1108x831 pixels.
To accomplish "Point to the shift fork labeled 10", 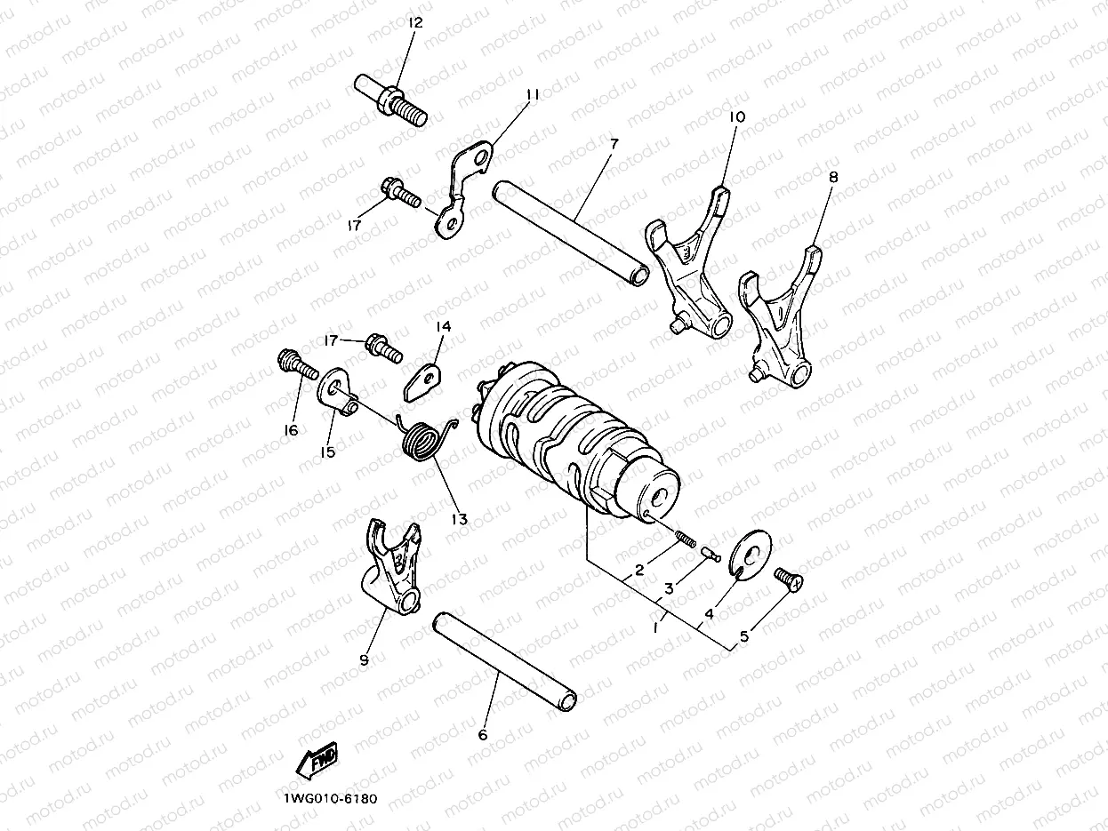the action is click(x=693, y=261).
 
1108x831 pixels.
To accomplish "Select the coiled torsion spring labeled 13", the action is click(x=422, y=438).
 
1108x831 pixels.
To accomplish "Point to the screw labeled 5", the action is click(x=787, y=579).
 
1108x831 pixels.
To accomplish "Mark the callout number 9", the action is click(x=364, y=659).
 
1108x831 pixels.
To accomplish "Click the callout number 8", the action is click(x=832, y=177).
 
